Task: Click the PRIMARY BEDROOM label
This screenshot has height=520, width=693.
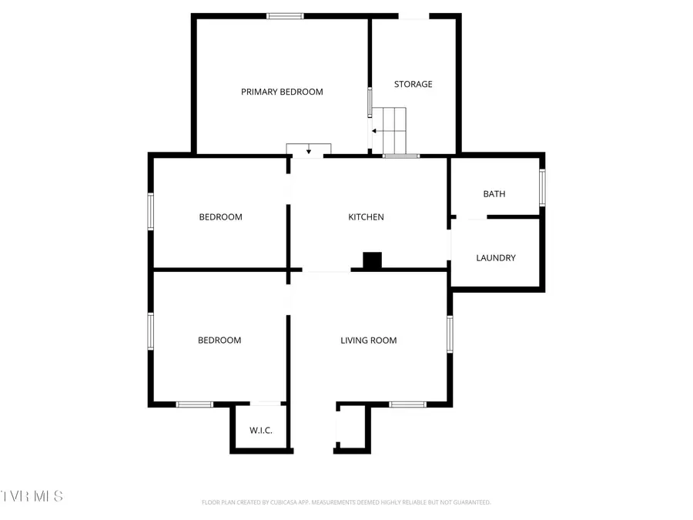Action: click(282, 92)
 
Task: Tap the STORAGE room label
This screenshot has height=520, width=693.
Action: click(413, 84)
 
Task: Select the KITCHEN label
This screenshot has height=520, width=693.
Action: click(366, 217)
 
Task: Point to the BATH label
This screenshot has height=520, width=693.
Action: click(494, 194)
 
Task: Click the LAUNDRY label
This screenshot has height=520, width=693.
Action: click(496, 258)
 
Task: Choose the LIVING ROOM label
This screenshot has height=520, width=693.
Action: click(369, 341)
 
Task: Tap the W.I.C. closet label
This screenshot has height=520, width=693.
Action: click(260, 431)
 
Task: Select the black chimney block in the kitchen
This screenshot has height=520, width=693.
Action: click(373, 261)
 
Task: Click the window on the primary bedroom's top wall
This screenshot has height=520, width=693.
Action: click(285, 16)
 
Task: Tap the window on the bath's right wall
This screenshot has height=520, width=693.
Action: click(542, 187)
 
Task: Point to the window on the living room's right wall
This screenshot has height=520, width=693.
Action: click(450, 334)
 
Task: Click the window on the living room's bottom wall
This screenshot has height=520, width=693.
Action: click(407, 404)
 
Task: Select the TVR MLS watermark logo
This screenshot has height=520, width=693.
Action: click(32, 495)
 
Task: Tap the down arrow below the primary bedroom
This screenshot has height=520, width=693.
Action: click(309, 149)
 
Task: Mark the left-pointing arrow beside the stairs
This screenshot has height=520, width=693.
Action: click(374, 131)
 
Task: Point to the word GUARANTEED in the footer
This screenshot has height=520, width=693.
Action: click(468, 502)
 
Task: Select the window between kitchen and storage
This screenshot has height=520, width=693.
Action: click(401, 156)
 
